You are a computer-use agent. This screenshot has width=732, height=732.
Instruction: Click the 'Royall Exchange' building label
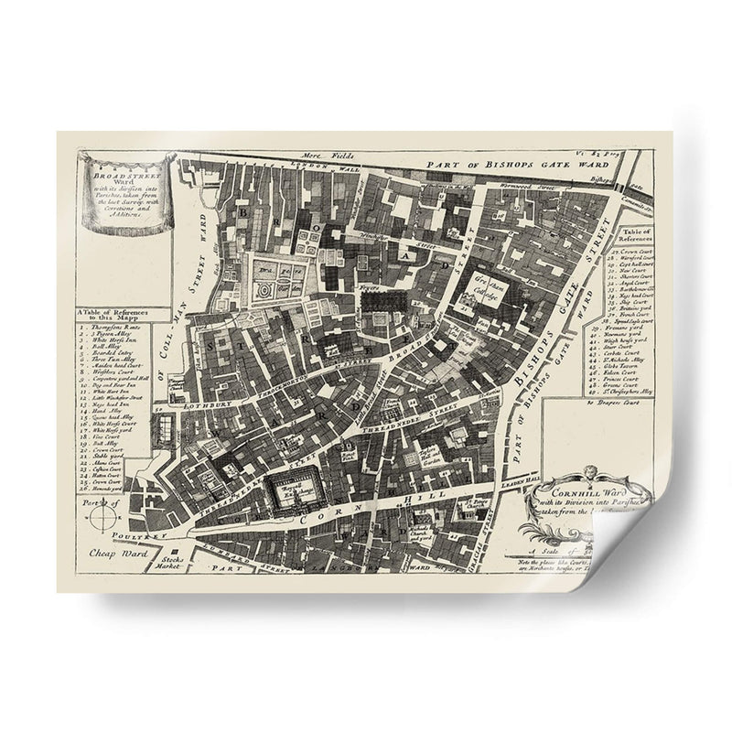[290, 495]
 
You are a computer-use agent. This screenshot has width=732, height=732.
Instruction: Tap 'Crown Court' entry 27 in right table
[632, 249]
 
